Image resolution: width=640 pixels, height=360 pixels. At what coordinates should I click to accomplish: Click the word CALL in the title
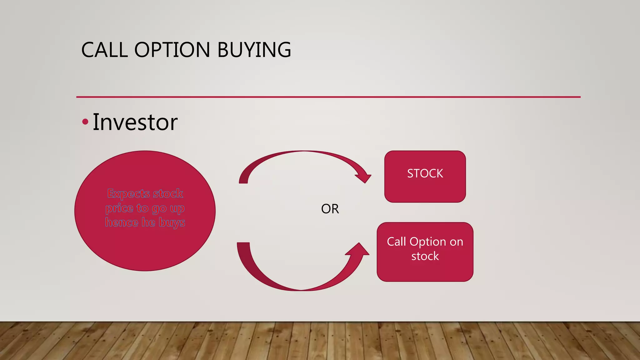pyautogui.click(x=104, y=50)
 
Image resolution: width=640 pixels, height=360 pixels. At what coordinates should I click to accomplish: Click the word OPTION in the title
pyautogui.click(x=172, y=50)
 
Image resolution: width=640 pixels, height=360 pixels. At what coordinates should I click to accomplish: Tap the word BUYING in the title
pyautogui.click(x=254, y=50)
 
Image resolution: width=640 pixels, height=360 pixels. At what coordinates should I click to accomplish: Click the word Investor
pyautogui.click(x=135, y=122)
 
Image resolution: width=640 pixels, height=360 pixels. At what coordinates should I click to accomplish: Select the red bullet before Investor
pyautogui.click(x=85, y=122)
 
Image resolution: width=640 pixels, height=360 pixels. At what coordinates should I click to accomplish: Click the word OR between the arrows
pyautogui.click(x=330, y=209)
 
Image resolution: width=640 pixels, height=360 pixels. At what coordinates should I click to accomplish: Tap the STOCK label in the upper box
pyautogui.click(x=425, y=173)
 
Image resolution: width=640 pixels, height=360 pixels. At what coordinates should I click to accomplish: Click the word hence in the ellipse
pyautogui.click(x=122, y=222)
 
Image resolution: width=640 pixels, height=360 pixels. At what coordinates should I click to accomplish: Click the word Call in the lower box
pyautogui.click(x=396, y=242)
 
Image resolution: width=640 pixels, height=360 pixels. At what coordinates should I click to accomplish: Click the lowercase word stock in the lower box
pyautogui.click(x=425, y=256)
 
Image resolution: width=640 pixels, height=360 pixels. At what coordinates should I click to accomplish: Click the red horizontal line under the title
pyautogui.click(x=328, y=97)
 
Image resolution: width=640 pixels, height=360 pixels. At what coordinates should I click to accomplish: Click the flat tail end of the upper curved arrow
pyautogui.click(x=243, y=181)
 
